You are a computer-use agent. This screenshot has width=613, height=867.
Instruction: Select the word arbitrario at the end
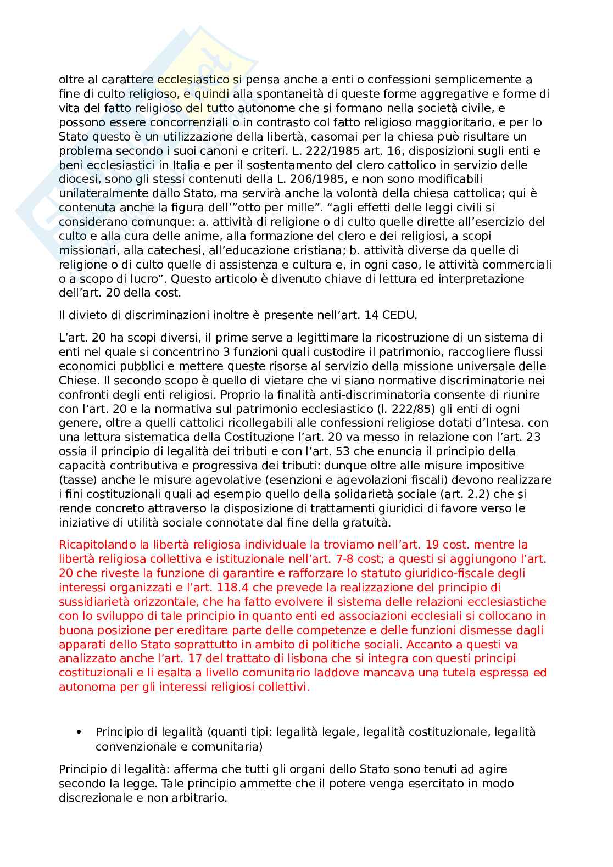198,798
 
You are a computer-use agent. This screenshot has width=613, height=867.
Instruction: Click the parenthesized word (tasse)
75,480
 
